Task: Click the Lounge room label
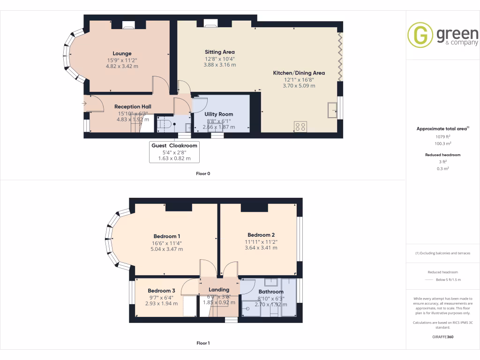[x=122, y=53]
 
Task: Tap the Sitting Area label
[x=219, y=52]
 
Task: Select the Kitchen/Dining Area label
[x=299, y=73]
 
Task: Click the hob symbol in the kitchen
[x=300, y=126]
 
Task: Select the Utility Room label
[x=218, y=114]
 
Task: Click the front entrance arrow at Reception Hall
[x=84, y=104]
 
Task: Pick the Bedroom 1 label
[x=166, y=236]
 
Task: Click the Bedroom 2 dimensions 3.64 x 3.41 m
[x=261, y=248]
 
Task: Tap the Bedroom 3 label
[x=161, y=291]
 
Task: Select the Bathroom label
[x=270, y=292]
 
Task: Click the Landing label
[x=218, y=290]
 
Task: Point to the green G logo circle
[x=420, y=35]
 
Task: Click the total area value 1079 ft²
[x=442, y=136]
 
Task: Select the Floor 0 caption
[x=203, y=174]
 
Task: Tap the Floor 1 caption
[x=203, y=343]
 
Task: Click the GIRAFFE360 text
[x=442, y=337]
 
